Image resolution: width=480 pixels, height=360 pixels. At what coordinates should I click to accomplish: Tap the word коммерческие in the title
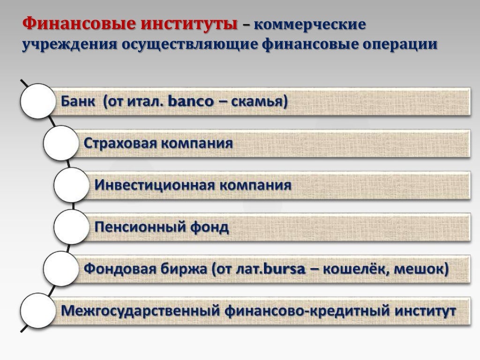point(309,24)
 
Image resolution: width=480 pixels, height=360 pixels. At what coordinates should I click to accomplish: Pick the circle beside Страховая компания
point(60,142)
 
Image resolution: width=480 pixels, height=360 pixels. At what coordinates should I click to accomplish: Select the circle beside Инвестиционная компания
point(71,185)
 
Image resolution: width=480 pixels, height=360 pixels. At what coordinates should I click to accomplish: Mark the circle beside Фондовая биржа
point(60,269)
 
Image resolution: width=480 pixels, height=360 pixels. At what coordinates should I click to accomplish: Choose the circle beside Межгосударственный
point(37,310)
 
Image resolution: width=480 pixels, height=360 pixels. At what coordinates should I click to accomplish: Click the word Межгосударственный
point(141,311)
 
